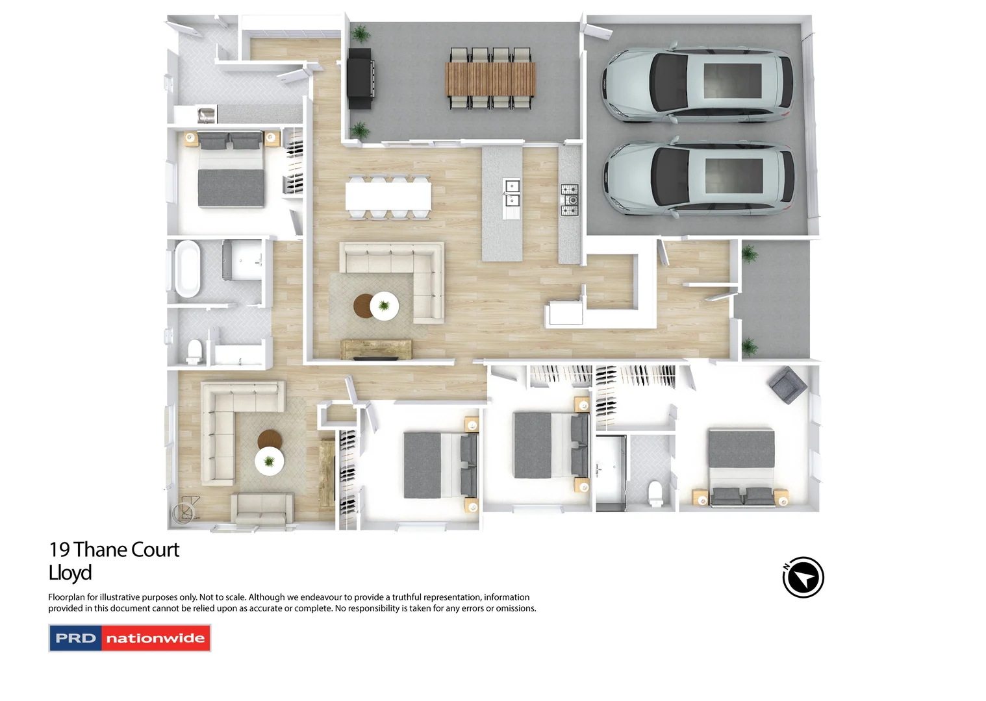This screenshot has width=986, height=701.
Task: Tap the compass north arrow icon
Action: point(803,577)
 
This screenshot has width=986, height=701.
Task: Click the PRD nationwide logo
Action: point(130,638)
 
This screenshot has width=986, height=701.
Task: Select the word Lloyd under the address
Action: point(70,573)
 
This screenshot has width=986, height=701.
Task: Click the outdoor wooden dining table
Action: point(490,78)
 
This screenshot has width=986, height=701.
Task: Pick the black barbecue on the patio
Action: point(360,79)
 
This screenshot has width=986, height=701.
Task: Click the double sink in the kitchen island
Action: point(512,193)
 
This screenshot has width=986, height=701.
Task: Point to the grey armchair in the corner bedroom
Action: point(788,384)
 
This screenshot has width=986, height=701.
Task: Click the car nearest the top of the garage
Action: point(698,82)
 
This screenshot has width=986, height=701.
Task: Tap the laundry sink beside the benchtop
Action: point(207,115)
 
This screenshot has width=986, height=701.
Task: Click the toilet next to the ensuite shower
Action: point(655,493)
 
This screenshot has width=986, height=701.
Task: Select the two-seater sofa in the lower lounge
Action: point(261,508)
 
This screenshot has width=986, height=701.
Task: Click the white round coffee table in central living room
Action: point(385,306)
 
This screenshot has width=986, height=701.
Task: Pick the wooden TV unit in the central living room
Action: point(376,349)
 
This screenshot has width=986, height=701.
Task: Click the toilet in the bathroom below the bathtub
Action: point(194,351)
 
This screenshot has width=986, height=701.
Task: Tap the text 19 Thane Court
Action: point(114,550)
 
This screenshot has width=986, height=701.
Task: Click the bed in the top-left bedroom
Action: point(231,173)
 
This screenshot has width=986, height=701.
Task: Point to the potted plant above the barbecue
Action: point(360,33)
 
